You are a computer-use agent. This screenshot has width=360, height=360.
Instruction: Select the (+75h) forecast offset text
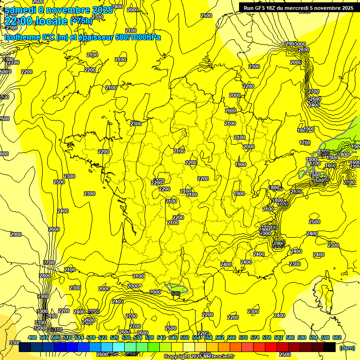point(81,21)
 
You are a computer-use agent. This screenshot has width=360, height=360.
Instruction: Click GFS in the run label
point(266,7)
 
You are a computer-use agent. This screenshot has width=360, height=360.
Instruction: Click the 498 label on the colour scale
point(32,337)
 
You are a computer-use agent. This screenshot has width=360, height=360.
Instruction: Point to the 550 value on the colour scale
point(185,337)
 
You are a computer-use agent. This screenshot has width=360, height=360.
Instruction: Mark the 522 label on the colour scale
point(103,337)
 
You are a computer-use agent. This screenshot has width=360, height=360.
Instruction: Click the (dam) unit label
point(347,347)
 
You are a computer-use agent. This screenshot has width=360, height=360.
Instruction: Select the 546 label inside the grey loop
point(176,293)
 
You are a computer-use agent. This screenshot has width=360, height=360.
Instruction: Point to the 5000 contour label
point(5,72)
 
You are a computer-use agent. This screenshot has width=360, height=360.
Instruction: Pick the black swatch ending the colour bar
point(330,347)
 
